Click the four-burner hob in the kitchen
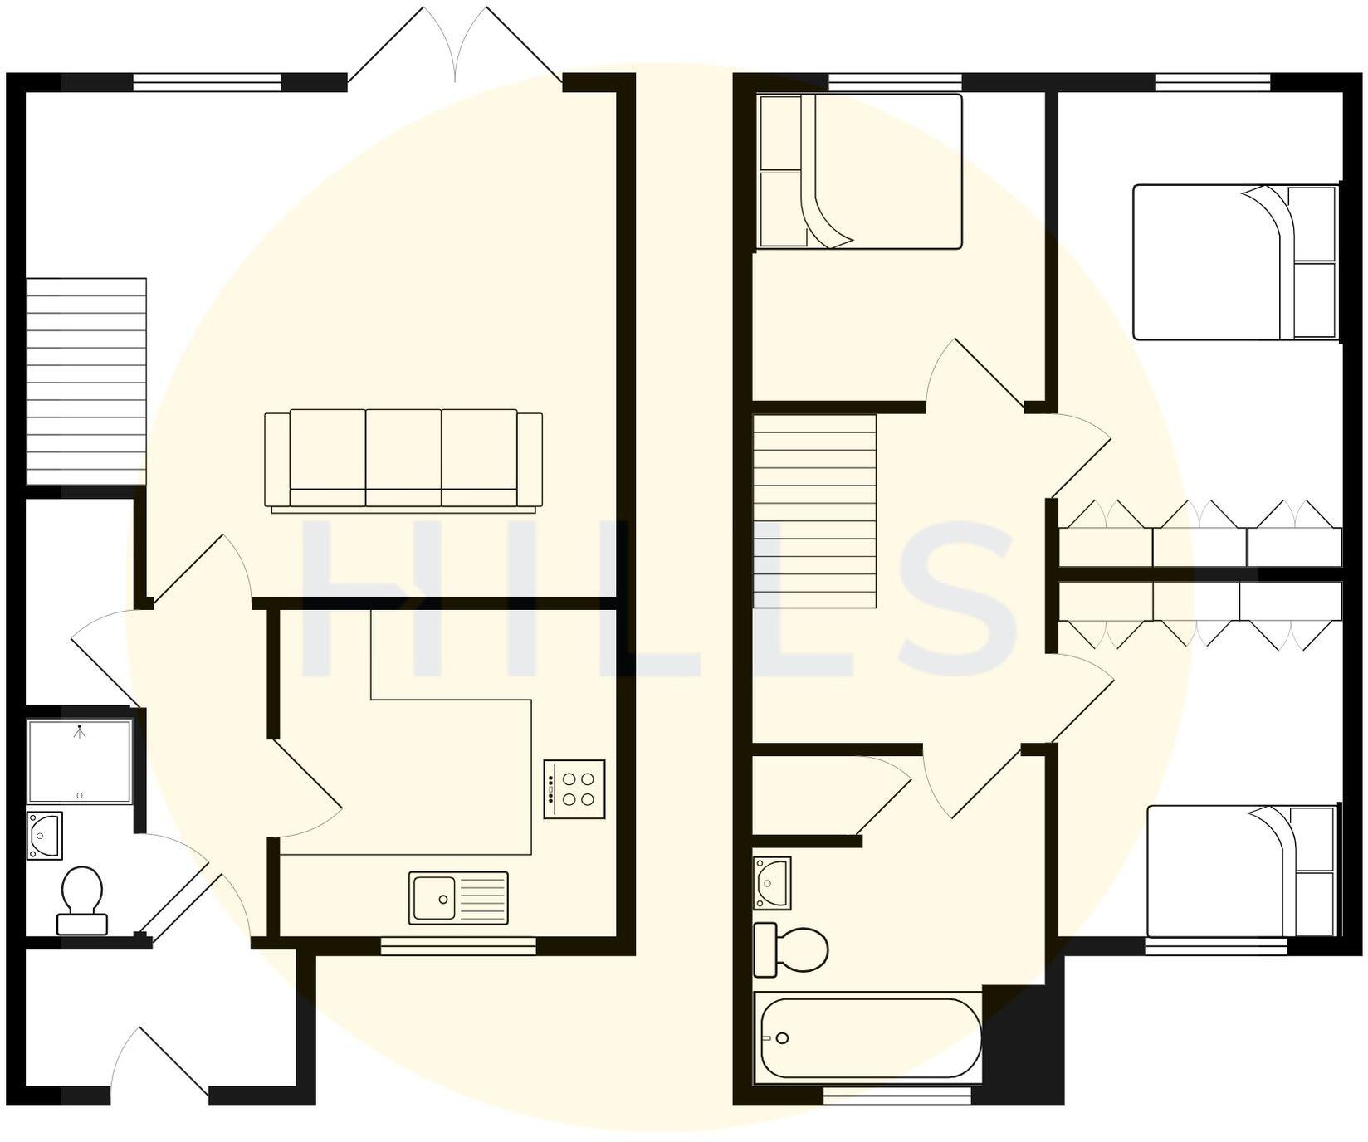click(574, 789)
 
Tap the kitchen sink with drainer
click(458, 898)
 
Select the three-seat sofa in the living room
click(403, 460)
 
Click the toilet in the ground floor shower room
click(81, 900)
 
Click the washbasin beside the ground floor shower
click(45, 836)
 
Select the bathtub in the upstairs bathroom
click(867, 1037)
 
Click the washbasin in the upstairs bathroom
click(772, 883)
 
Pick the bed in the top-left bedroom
click(860, 172)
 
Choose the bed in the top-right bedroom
click(1236, 262)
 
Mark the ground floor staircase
click(86, 381)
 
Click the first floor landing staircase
click(814, 511)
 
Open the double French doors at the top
click(456, 46)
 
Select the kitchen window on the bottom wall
click(458, 945)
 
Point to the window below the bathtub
click(897, 1096)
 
